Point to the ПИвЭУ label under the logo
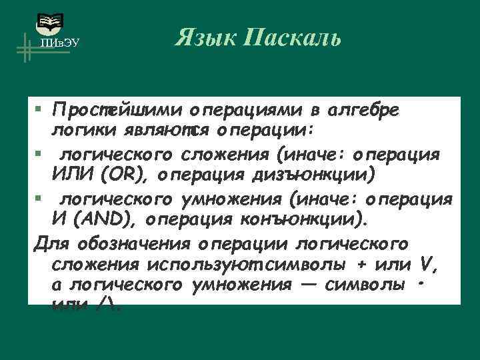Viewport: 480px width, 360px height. [59, 43]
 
